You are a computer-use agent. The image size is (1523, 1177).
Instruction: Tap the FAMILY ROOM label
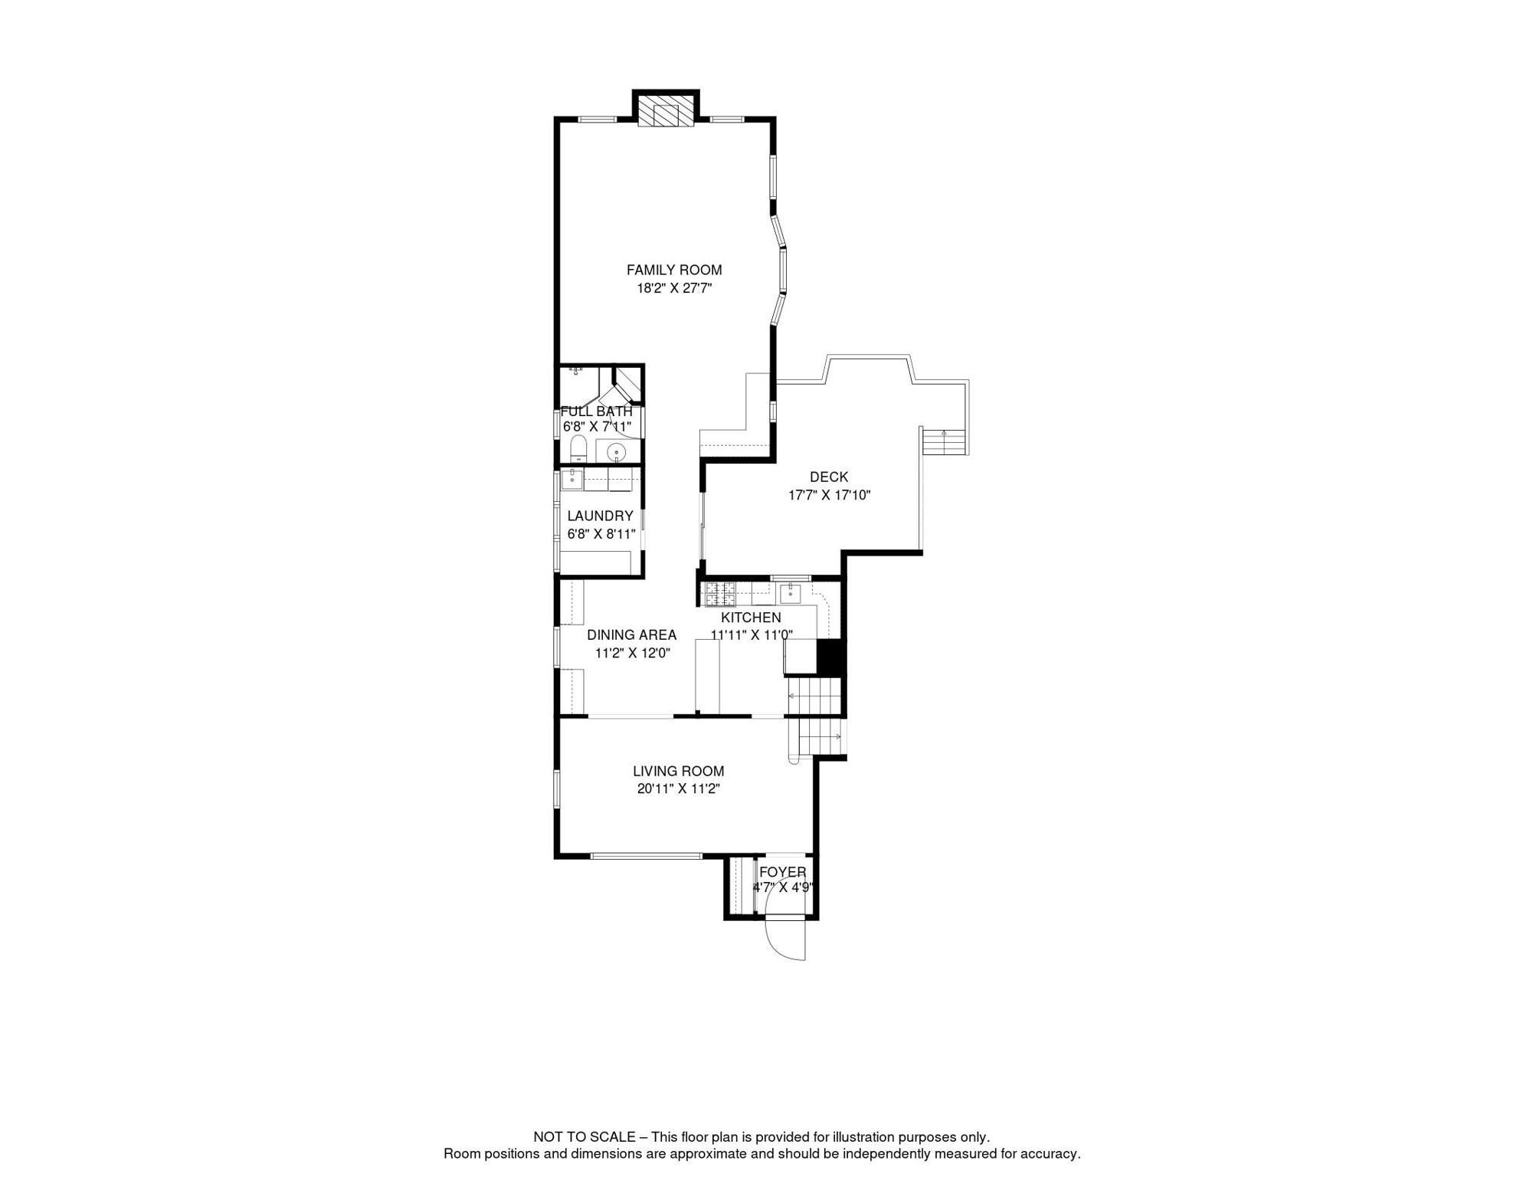pyautogui.click(x=674, y=270)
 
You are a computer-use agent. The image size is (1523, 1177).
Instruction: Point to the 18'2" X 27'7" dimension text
pyautogui.click(x=674, y=288)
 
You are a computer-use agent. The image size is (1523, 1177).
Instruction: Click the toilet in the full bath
pyautogui.click(x=578, y=448)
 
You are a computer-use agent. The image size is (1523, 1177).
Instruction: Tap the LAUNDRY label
pyautogui.click(x=600, y=516)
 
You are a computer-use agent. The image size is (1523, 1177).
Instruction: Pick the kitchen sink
pyautogui.click(x=790, y=592)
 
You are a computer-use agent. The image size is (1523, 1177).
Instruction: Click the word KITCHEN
pyautogui.click(x=751, y=618)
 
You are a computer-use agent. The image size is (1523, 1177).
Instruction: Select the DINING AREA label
pyautogui.click(x=631, y=634)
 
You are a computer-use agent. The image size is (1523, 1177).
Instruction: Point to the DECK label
pyautogui.click(x=829, y=477)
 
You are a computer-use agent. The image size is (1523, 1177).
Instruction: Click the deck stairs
pyautogui.click(x=945, y=441)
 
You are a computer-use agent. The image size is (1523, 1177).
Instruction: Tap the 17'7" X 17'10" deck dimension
pyautogui.click(x=829, y=495)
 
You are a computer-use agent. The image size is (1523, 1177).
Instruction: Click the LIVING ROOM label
pyautogui.click(x=678, y=771)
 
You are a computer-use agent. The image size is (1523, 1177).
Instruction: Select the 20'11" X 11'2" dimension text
pyautogui.click(x=678, y=788)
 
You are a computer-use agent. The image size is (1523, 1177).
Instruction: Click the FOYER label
pyautogui.click(x=782, y=872)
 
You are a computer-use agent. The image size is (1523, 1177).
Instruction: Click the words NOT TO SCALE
pyautogui.click(x=584, y=1137)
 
